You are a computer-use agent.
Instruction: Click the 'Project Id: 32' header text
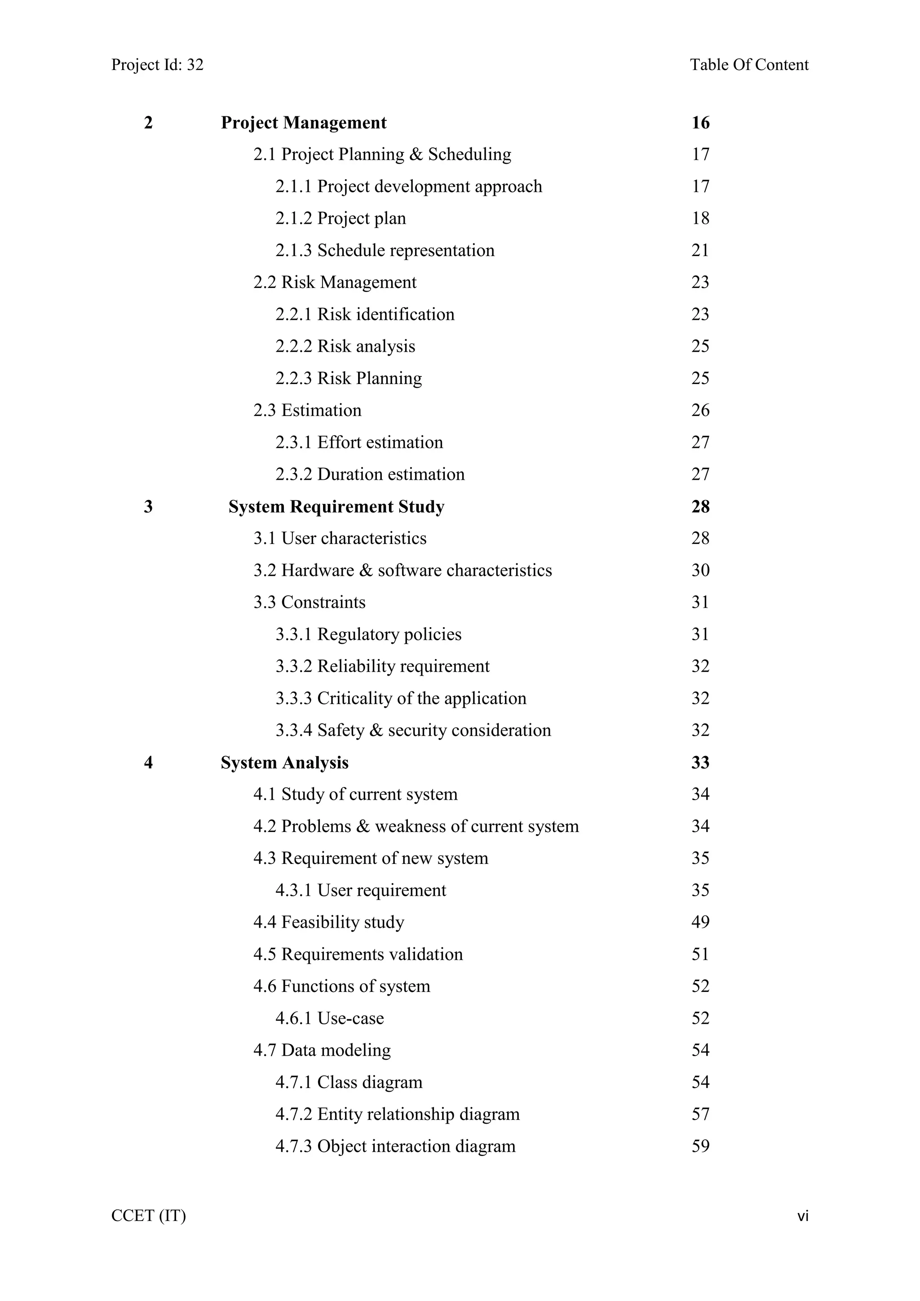coord(157,65)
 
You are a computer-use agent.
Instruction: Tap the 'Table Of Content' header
coord(749,65)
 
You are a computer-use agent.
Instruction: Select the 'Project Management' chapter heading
coord(304,123)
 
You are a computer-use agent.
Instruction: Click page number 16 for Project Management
coord(700,123)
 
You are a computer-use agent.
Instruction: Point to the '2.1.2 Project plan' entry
coord(341,219)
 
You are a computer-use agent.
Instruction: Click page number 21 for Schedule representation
coord(700,251)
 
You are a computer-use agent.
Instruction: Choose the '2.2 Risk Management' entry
coord(335,282)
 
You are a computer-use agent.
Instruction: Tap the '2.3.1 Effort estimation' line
coord(359,443)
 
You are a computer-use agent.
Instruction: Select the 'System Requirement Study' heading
coord(336,507)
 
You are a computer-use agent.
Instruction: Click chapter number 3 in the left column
coord(148,507)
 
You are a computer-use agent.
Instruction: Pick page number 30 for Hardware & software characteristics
coord(700,571)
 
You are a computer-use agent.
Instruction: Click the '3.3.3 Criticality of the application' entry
coord(401,699)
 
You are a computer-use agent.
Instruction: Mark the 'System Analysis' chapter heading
coord(284,763)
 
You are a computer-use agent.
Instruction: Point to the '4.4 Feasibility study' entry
coord(328,922)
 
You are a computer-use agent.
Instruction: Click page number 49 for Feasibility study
coord(700,922)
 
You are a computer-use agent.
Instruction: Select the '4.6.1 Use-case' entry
coord(330,1018)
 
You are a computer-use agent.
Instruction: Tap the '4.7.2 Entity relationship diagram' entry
coord(398,1115)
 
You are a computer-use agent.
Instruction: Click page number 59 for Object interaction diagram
coord(700,1146)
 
